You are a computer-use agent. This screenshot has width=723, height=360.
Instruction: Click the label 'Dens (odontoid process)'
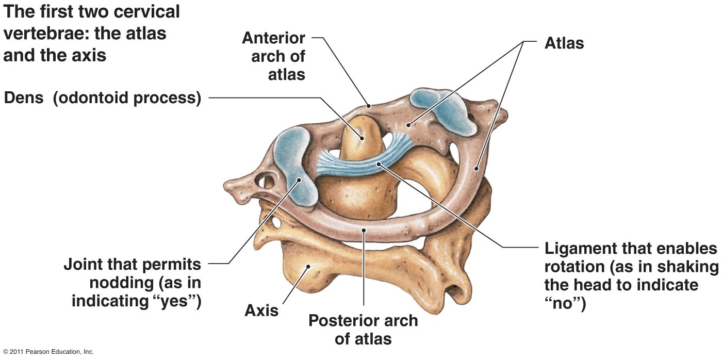[x=102, y=98]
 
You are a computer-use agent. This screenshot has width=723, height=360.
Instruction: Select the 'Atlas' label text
[x=564, y=43]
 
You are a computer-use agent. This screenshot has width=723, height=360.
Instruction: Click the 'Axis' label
[x=261, y=310]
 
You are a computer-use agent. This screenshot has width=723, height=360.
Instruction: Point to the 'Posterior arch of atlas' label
[x=363, y=330]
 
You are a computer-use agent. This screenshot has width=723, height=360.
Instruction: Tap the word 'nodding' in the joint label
[x=121, y=283]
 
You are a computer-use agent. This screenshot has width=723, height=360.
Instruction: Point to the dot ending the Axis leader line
[x=308, y=266]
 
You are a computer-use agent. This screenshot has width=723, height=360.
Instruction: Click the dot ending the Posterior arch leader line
[x=364, y=230]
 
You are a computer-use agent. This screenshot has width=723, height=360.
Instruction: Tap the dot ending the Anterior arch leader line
[x=369, y=106]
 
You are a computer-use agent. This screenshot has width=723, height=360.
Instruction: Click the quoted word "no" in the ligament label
[x=565, y=303]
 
